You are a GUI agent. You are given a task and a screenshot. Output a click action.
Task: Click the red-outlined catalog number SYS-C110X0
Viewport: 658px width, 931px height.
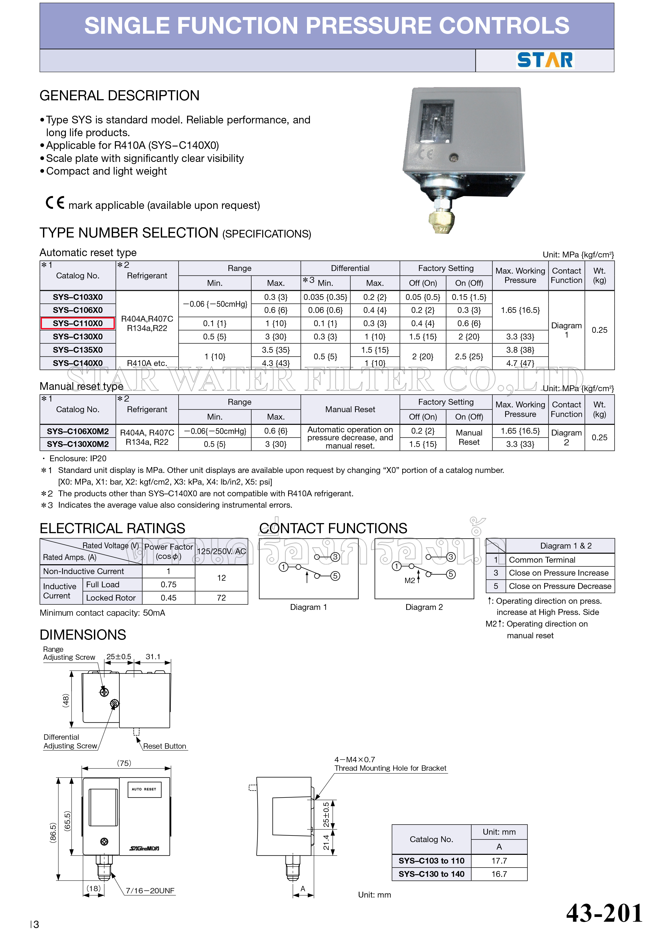click(77, 323)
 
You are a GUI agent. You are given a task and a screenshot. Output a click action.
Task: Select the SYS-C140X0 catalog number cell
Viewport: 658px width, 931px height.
click(77, 363)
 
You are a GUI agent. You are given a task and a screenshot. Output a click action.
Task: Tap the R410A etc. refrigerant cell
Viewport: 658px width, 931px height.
click(147, 363)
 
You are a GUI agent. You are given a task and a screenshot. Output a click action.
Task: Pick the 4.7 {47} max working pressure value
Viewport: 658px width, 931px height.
click(520, 363)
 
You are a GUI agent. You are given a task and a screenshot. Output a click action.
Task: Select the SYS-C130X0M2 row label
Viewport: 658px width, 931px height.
click(77, 444)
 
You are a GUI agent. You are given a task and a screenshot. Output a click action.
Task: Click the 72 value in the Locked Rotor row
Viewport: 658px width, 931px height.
click(221, 598)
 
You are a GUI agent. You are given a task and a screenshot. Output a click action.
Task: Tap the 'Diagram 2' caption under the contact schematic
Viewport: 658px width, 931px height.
click(424, 607)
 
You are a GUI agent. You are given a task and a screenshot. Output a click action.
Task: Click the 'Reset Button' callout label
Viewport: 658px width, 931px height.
click(164, 746)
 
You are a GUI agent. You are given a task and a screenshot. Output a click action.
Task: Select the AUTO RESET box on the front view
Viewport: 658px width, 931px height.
click(144, 789)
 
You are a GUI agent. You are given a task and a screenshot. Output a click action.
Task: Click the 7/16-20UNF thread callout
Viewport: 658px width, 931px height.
click(150, 890)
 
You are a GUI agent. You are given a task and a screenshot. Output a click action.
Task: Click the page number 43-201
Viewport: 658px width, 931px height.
click(604, 913)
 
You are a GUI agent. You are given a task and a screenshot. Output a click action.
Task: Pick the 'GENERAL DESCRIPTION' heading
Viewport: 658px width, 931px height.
click(120, 96)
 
